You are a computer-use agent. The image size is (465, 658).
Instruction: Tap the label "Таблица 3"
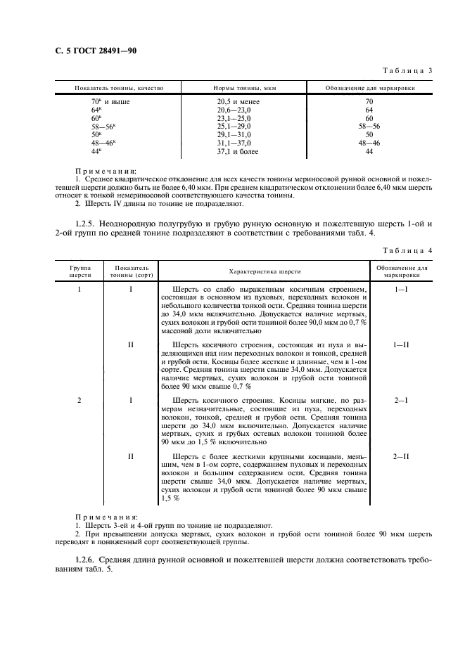click(407, 72)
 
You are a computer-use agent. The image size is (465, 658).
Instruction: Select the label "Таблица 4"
click(407, 251)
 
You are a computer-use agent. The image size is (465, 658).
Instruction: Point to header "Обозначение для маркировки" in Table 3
click(369, 89)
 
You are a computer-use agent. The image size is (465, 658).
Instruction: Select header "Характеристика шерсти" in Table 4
click(264, 271)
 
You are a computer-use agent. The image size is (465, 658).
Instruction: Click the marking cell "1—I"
click(402, 290)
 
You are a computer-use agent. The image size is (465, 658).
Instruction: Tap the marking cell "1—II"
click(402, 344)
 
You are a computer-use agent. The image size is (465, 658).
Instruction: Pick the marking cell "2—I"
click(402, 400)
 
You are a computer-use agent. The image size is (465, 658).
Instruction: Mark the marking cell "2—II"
click(402, 456)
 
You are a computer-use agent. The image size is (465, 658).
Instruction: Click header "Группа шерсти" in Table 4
click(79, 271)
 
